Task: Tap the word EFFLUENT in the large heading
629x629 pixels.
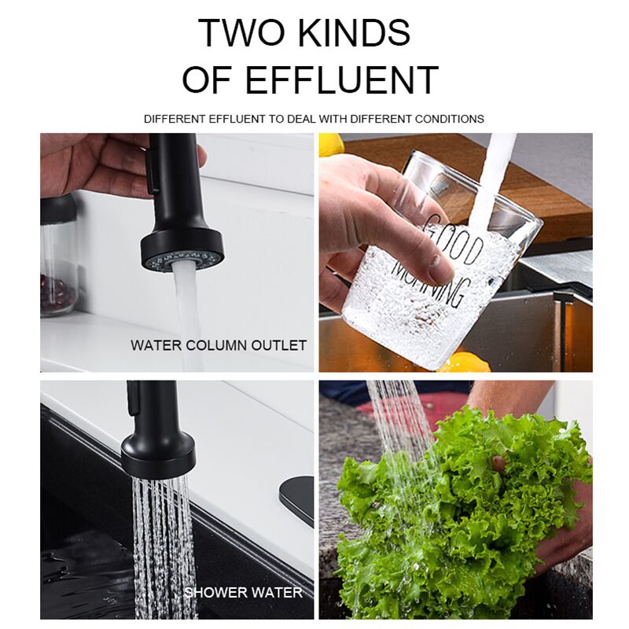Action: (341, 79)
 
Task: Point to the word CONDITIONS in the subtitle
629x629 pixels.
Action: (449, 120)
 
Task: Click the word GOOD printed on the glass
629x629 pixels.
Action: (454, 241)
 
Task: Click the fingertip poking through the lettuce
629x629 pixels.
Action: (498, 464)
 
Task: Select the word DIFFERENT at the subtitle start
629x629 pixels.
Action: (175, 120)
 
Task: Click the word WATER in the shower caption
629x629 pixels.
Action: (277, 593)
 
